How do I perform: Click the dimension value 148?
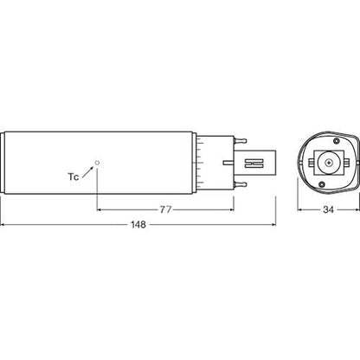tap(138, 224)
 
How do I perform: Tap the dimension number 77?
tap(165, 209)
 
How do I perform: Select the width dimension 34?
tap(328, 209)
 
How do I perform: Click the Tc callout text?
tap(74, 177)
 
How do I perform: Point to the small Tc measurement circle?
tap(98, 163)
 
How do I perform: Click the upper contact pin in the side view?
tap(241, 141)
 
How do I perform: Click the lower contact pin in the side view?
tap(241, 184)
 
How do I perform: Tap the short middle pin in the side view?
tap(228, 163)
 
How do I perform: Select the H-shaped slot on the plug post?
tap(254, 163)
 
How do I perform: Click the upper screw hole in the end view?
tap(336, 141)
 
